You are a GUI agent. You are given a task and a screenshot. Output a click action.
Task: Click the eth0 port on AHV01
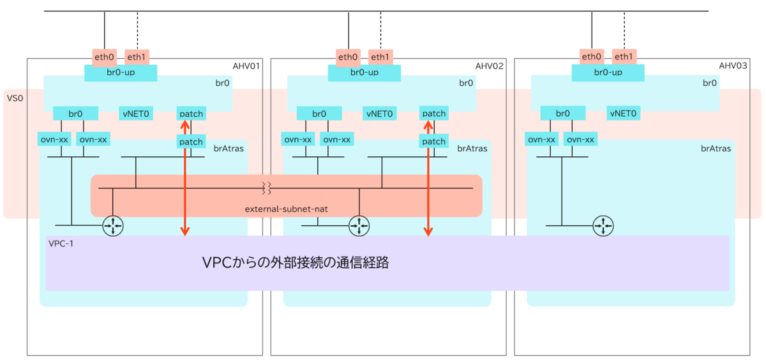click(x=104, y=57)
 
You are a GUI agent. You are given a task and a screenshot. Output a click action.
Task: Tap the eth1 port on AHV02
click(x=380, y=57)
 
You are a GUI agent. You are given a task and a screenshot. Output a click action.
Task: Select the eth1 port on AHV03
click(x=623, y=57)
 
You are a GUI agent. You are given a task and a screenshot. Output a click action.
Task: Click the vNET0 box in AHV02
click(x=379, y=114)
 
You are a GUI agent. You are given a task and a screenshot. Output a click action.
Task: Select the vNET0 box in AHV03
click(x=623, y=114)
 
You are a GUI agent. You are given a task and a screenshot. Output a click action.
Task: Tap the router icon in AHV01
click(x=113, y=225)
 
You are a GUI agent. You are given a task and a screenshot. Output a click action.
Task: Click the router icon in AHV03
click(x=601, y=225)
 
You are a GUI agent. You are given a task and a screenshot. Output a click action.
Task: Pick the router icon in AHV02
click(x=358, y=225)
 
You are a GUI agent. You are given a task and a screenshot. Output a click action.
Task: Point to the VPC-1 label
click(x=61, y=243)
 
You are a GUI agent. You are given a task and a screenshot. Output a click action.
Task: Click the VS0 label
click(x=15, y=99)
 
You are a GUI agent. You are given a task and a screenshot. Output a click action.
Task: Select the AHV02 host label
click(x=490, y=66)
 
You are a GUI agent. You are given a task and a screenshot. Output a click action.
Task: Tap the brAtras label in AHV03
click(x=716, y=148)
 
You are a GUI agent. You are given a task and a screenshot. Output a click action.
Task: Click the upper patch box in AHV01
click(x=190, y=114)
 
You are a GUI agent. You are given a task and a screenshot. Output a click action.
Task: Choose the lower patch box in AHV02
click(x=433, y=141)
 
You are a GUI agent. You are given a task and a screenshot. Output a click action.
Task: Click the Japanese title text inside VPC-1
click(x=296, y=262)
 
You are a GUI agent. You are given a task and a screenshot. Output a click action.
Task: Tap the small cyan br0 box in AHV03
click(x=562, y=114)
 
